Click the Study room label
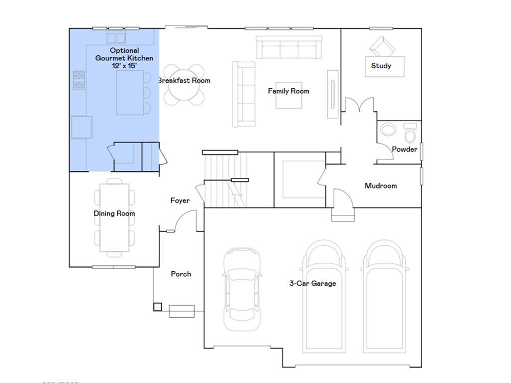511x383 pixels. point(381,66)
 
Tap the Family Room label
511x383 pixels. point(288,91)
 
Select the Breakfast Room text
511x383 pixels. point(185,80)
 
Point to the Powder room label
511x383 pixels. point(404,149)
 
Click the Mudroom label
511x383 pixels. point(381,186)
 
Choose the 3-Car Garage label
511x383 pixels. point(312,283)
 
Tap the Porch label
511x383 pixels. point(181,274)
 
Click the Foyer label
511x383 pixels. point(180,200)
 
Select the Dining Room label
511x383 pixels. point(114,213)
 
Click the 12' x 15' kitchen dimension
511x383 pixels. point(124,65)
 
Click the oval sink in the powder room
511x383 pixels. point(388,130)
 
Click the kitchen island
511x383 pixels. point(130,93)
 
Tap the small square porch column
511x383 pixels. point(158,307)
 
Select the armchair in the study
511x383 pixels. point(382,46)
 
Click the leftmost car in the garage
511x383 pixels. point(242,289)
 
